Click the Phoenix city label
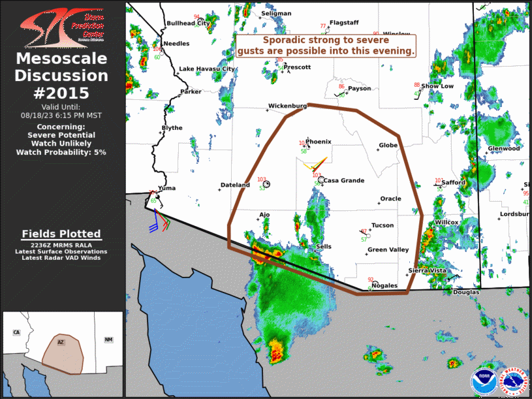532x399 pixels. tap(319, 142)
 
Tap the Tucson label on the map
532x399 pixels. tap(383, 226)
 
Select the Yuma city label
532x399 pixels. tap(167, 188)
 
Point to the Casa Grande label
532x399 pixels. tap(344, 181)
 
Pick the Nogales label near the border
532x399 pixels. tap(384, 285)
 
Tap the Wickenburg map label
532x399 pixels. tap(287, 106)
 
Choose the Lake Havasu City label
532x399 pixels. tap(207, 69)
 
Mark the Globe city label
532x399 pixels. tap(388, 146)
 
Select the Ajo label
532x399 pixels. tap(264, 214)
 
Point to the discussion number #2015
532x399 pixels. tap(62, 93)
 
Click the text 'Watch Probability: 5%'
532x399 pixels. tap(62, 152)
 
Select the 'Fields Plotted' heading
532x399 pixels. tap(61, 234)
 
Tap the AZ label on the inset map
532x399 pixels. tap(60, 342)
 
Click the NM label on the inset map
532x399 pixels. tap(108, 340)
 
